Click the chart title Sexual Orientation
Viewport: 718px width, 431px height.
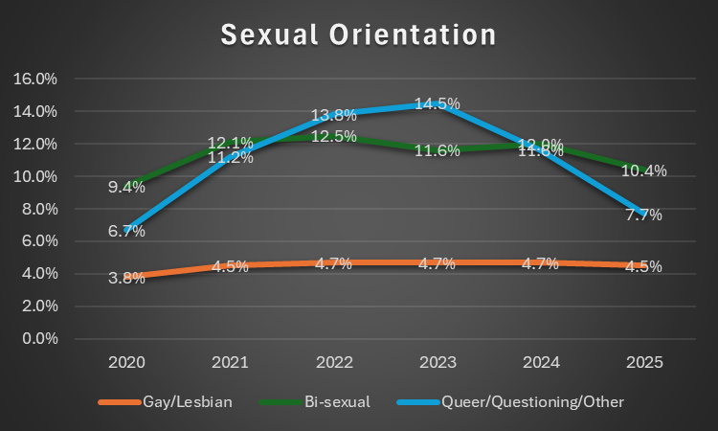[x=359, y=35]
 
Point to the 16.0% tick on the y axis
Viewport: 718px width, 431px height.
[x=37, y=79]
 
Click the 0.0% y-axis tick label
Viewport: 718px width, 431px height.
[x=40, y=339]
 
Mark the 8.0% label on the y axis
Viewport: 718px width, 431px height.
[x=40, y=209]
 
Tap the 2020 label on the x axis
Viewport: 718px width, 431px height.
[x=126, y=363]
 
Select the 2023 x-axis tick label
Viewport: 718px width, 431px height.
[x=437, y=363]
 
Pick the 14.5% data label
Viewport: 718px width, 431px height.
[x=437, y=103]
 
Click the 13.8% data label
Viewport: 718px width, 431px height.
[x=333, y=115]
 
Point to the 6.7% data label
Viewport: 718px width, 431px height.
[x=126, y=230]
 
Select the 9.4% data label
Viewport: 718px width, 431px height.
[x=126, y=187]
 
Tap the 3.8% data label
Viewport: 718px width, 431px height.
[x=126, y=278]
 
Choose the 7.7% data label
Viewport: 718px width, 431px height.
[x=643, y=215]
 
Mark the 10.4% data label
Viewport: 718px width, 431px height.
[x=643, y=170]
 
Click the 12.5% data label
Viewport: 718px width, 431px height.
[x=333, y=136]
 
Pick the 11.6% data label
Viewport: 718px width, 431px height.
[x=437, y=150]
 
